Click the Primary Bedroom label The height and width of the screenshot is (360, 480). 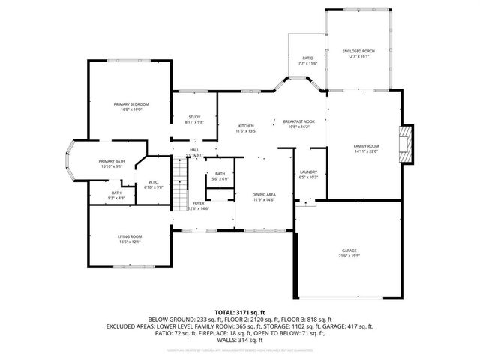click(131, 103)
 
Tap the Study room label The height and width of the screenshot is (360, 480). click(194, 116)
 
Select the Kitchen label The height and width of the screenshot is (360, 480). click(246, 125)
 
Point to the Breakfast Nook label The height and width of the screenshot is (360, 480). click(298, 121)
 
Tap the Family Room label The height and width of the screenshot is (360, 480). click(367, 145)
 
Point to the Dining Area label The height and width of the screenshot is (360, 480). click(264, 194)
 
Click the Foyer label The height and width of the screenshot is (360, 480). click(199, 202)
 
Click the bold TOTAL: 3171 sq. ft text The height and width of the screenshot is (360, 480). click(240, 312)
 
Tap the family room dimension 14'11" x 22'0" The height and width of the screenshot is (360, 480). click(367, 151)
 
